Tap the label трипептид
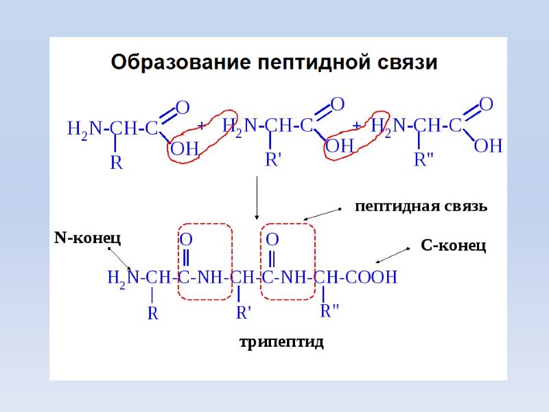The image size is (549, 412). (281, 341)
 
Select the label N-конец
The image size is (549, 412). (87, 238)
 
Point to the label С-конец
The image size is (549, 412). (453, 245)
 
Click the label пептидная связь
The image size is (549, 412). (421, 206)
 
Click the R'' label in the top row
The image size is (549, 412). (424, 160)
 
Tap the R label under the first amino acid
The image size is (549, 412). (117, 163)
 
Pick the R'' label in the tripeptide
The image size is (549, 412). (329, 310)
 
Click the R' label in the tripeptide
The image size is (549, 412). (244, 313)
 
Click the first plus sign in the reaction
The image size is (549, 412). (202, 126)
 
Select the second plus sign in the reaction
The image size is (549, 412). (357, 125)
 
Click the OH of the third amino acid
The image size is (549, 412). (489, 146)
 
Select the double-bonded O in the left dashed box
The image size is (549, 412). (186, 240)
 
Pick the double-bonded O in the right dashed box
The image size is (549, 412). (272, 240)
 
